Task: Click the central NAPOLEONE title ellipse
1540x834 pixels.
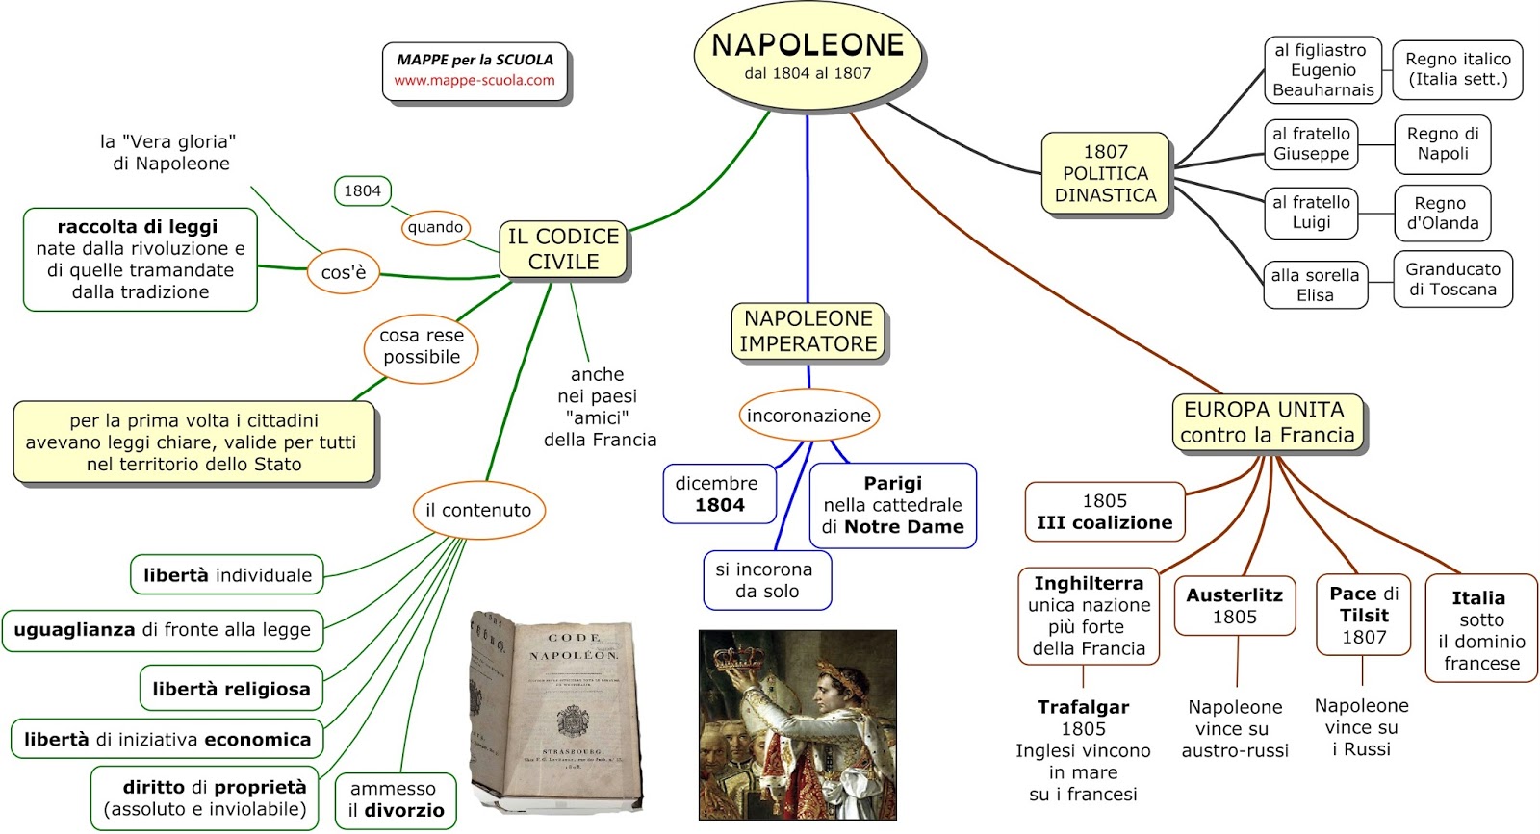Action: point(808,56)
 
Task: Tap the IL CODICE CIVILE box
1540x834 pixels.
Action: point(563,249)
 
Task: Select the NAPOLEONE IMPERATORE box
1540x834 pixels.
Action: point(808,331)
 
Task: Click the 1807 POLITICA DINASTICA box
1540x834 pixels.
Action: point(1105,174)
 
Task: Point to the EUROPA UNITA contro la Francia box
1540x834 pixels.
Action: point(1267,422)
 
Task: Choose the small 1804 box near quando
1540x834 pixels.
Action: point(362,190)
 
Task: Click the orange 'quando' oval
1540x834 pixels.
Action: point(435,227)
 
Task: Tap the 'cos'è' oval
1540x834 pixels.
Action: point(344,272)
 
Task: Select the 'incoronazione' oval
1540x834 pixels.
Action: point(808,416)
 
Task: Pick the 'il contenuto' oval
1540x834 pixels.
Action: point(478,510)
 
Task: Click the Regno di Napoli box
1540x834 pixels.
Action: point(1442,143)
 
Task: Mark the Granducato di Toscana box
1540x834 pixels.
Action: point(1452,280)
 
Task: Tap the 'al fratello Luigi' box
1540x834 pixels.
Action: point(1311,213)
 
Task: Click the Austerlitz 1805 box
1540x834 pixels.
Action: point(1234,606)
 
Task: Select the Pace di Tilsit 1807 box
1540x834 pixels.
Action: point(1363,616)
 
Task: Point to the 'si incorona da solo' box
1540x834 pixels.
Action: point(766,580)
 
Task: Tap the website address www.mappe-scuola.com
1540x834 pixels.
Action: point(475,81)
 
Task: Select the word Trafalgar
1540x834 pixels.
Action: point(1083,707)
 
